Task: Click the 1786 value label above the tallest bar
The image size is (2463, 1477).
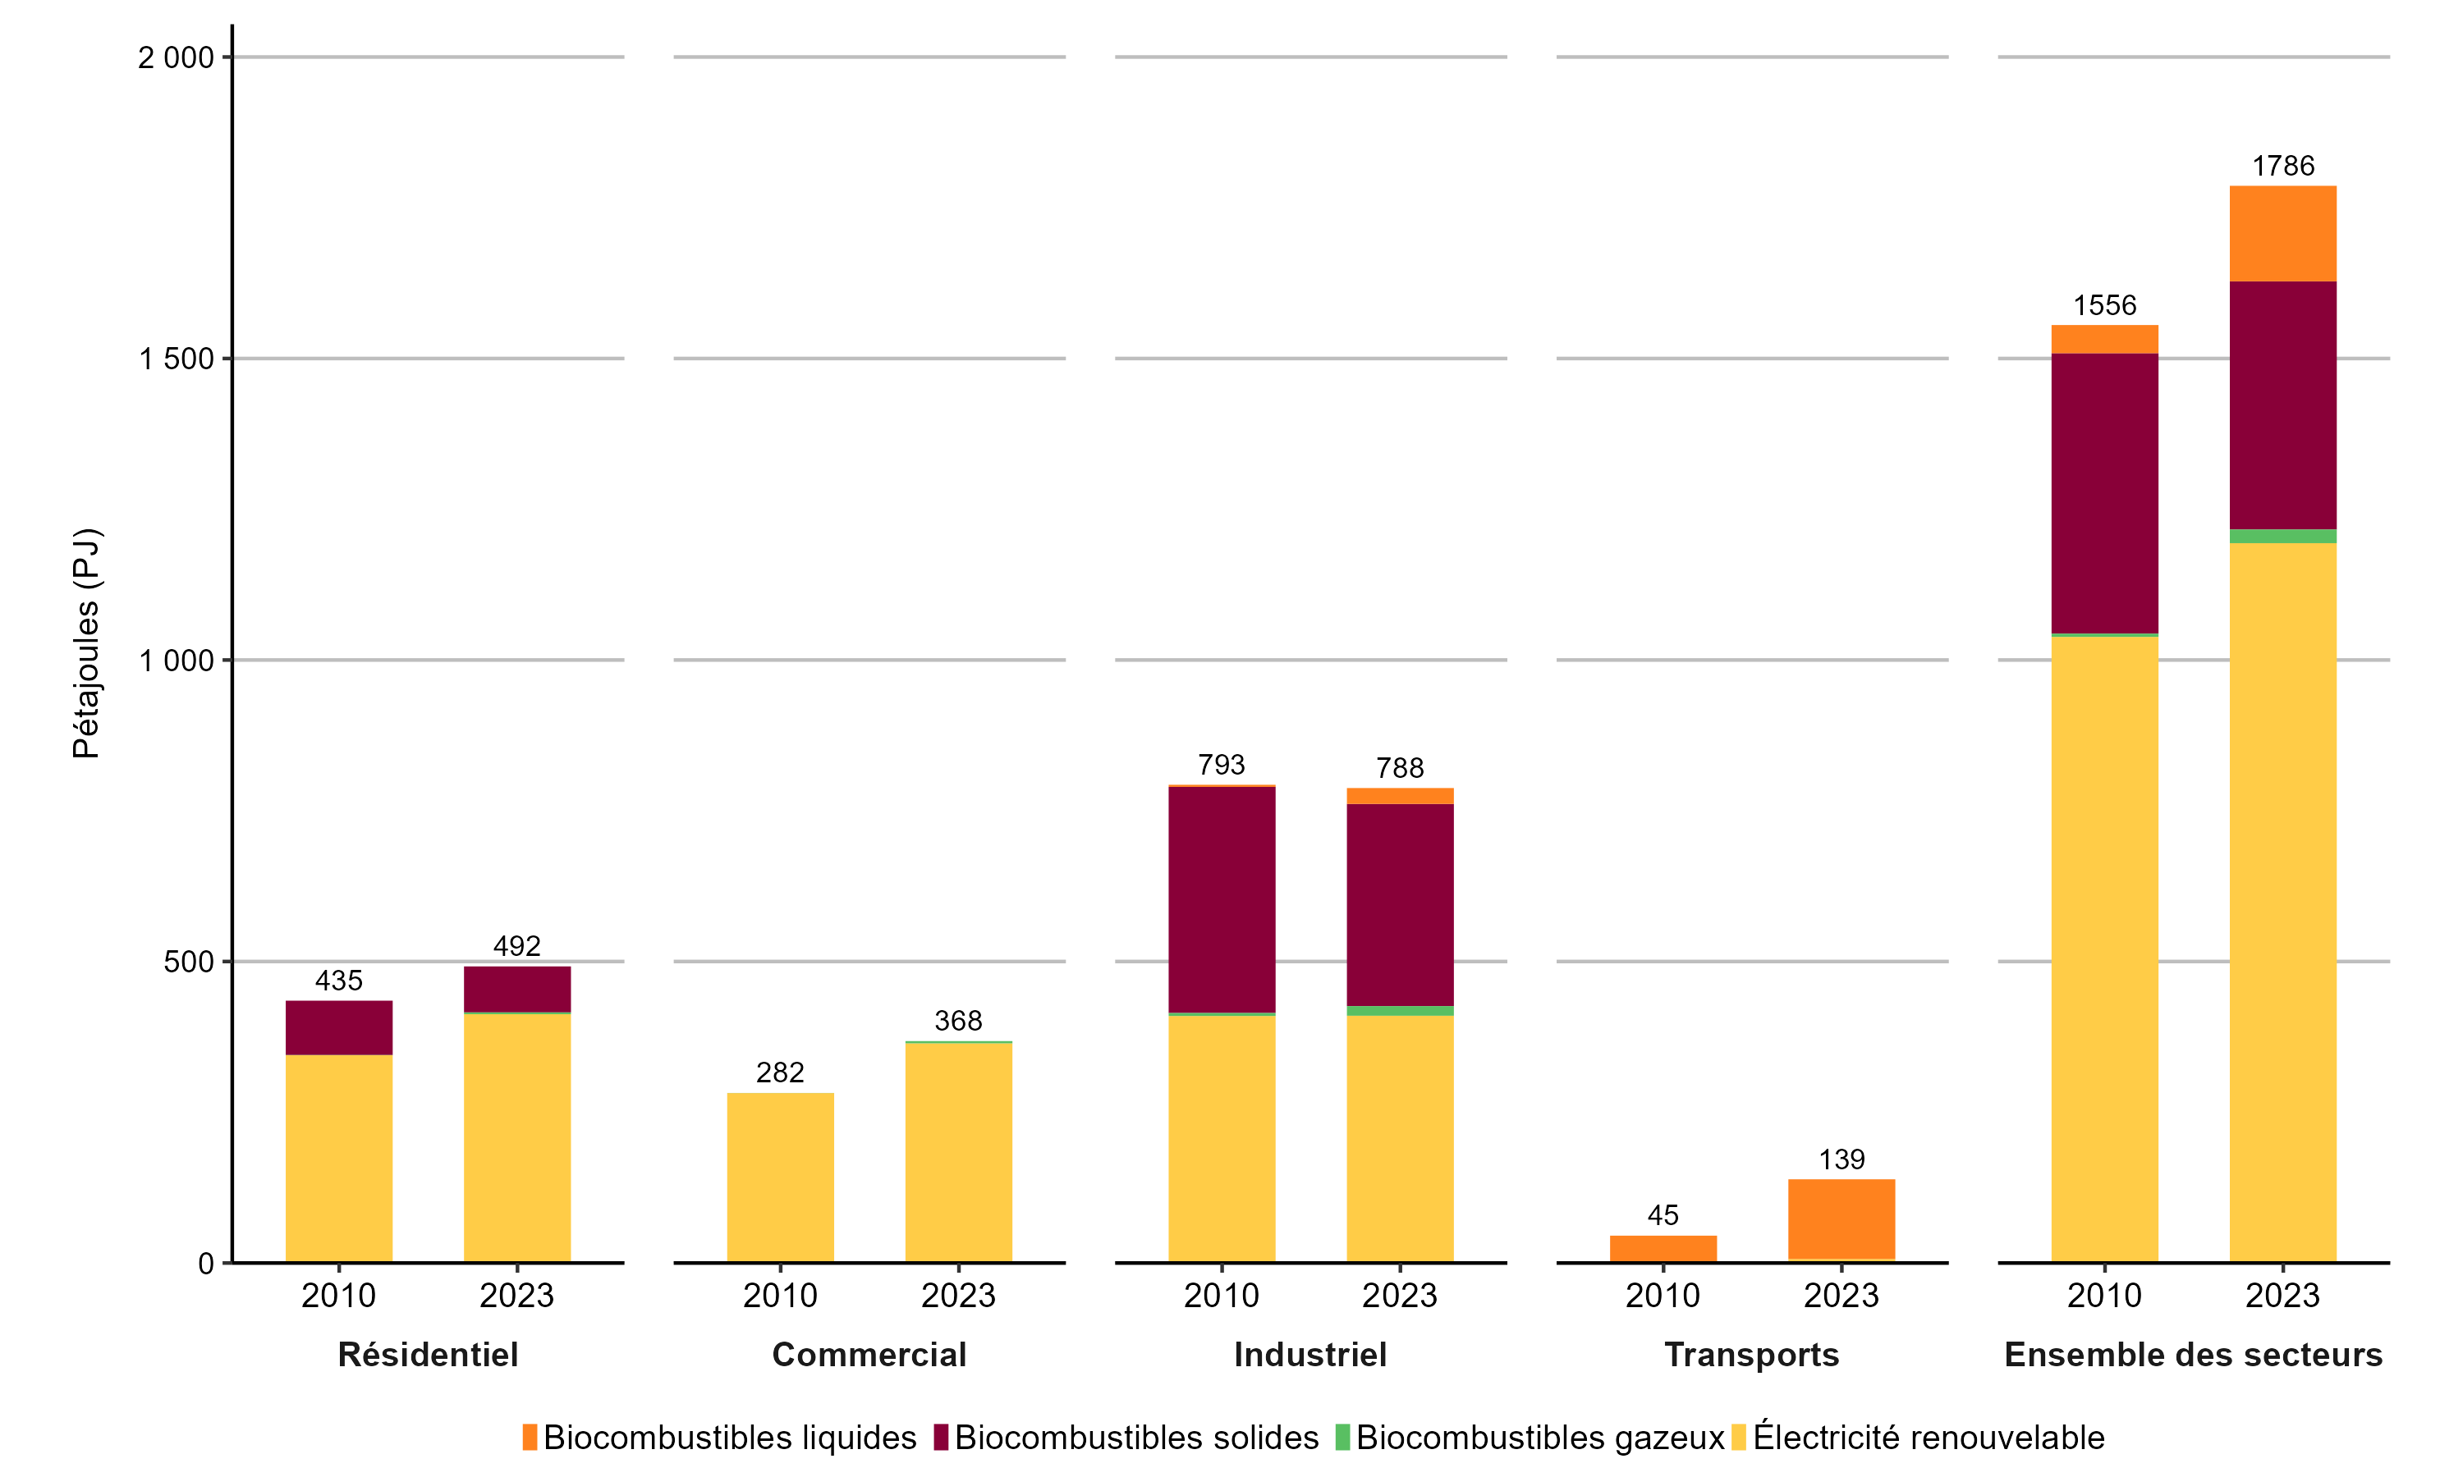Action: [2283, 167]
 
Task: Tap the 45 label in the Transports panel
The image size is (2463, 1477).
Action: [1663, 1215]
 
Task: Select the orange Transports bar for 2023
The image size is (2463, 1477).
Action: [1841, 1219]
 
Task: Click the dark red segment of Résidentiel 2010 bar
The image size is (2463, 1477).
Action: [338, 1027]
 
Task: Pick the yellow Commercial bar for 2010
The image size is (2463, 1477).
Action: [779, 1177]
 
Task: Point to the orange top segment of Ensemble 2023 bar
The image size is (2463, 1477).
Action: [2283, 234]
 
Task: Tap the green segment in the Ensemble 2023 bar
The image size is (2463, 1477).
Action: [2283, 537]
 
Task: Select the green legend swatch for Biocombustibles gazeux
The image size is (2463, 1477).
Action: [1342, 1437]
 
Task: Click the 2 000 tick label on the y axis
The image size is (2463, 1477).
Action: [177, 57]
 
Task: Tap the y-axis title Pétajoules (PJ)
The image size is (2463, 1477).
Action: [86, 643]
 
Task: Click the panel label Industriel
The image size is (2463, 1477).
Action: [1310, 1355]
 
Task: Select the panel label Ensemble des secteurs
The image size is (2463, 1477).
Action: [2193, 1355]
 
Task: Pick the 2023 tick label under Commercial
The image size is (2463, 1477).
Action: [958, 1296]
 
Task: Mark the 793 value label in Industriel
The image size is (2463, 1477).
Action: [1222, 765]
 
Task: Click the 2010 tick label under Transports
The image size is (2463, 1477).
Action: [1663, 1296]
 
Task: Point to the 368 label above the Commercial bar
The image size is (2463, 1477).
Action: [958, 1020]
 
